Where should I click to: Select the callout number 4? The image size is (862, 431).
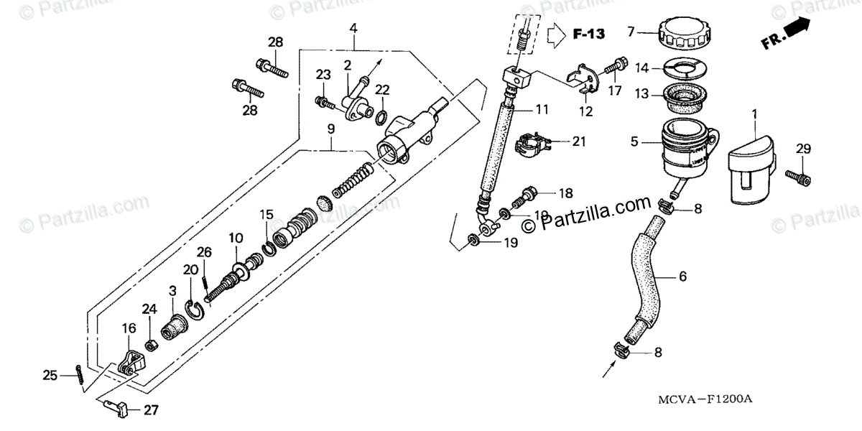point(353,28)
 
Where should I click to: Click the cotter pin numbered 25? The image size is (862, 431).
point(78,375)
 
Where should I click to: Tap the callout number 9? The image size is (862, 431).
point(330,130)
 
